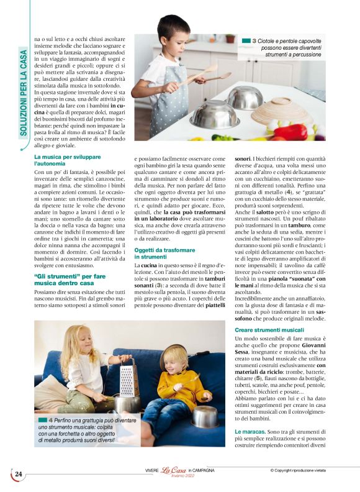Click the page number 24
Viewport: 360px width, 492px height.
19,475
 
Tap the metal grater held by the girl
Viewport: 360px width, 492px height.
127,377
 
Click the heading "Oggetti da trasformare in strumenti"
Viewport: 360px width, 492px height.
161,252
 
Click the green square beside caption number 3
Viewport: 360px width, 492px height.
245,41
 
